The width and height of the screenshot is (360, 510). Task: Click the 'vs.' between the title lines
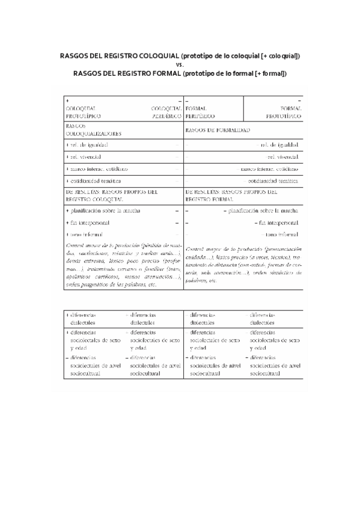coord(180,65)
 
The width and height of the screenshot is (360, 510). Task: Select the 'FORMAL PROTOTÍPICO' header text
coord(283,111)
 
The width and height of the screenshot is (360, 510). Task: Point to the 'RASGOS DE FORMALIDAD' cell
coord(218,130)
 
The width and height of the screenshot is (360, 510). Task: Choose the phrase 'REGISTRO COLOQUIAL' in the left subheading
coord(94,198)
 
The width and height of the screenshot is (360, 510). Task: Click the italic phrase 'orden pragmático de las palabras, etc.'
coord(111,284)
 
